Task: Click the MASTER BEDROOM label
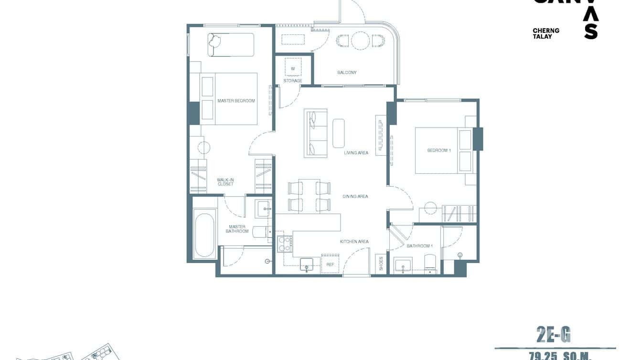236,101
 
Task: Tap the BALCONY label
347,73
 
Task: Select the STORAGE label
293,81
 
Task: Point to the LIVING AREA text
356,153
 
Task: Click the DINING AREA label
355,196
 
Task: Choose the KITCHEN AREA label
354,242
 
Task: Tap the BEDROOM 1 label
439,150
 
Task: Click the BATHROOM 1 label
419,246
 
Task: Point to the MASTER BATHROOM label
237,229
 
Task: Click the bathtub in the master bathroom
204,236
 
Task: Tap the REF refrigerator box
330,264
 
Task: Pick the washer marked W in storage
293,68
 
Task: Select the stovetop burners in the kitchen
285,244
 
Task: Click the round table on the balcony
359,41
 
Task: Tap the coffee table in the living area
339,133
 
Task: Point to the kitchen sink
307,264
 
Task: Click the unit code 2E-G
554,336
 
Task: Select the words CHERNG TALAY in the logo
546,33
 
